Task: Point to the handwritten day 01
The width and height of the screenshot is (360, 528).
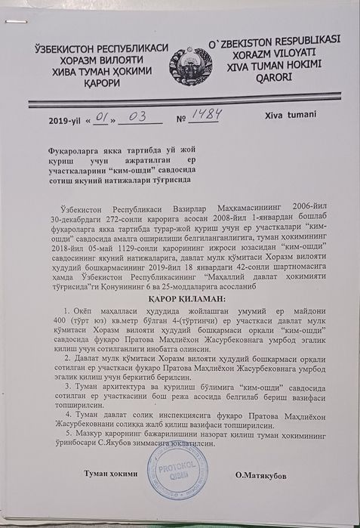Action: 105,119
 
